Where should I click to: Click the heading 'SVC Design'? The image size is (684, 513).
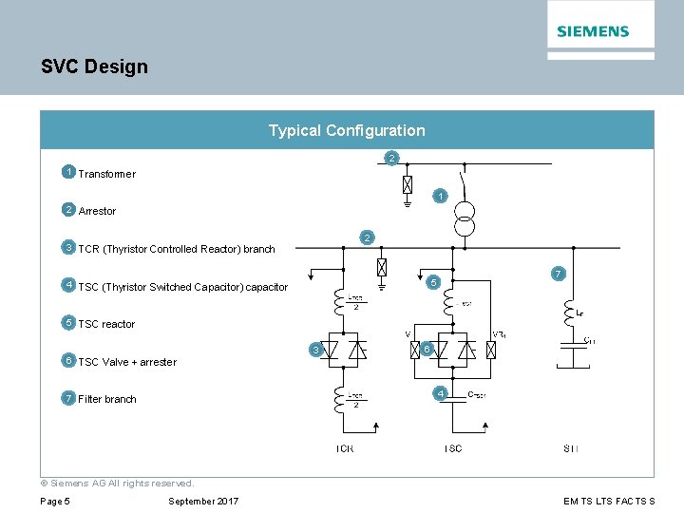[x=94, y=66]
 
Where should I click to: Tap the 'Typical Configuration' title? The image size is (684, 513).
[x=347, y=130]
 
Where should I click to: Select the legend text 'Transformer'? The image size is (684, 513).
[x=106, y=174]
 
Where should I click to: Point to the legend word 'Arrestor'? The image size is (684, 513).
[x=97, y=211]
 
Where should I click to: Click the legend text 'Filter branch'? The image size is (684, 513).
[x=107, y=399]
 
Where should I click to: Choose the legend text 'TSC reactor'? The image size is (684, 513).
[x=106, y=324]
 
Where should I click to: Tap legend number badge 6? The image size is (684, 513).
[x=68, y=361]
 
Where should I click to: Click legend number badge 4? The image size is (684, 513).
[x=68, y=285]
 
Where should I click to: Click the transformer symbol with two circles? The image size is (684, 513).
[x=464, y=218]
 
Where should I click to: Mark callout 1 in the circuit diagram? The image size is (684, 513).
[x=438, y=196]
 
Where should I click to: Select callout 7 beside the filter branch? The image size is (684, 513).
[x=559, y=274]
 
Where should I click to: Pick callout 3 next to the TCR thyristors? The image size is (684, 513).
[x=315, y=351]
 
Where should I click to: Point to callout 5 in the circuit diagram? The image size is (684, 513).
[x=432, y=282]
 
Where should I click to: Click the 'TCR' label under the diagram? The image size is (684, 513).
[x=345, y=448]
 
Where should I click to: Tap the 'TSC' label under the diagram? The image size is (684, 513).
[x=453, y=448]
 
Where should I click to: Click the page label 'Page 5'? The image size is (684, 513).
[x=55, y=502]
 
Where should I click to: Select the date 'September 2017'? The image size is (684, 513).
[x=203, y=502]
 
